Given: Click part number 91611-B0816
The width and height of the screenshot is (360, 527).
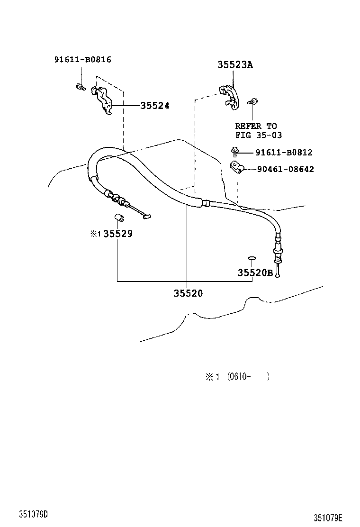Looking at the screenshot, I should click(83, 60).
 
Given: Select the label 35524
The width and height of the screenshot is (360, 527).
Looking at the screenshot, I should click(154, 106).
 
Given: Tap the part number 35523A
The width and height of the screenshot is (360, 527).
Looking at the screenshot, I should click(235, 65).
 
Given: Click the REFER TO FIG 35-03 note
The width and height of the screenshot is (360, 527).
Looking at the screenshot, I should click(258, 131).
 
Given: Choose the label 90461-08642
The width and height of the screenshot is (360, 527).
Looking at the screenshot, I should click(285, 169).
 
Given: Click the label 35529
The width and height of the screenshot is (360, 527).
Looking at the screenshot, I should click(118, 233).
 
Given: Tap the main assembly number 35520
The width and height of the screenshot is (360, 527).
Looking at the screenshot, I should click(188, 293).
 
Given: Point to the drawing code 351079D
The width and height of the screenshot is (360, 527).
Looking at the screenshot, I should click(34, 514).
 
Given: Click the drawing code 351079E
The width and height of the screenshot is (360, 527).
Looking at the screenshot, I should click(327, 518).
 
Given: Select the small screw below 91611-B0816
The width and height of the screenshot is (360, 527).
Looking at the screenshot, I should click(81, 87).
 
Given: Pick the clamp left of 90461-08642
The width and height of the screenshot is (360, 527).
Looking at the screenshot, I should click(237, 167).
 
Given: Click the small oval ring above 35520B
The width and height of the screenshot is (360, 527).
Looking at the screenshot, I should click(252, 258).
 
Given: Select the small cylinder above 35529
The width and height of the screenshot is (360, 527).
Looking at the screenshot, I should click(120, 218).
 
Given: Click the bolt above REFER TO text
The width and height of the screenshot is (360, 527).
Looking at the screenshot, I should click(253, 101).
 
